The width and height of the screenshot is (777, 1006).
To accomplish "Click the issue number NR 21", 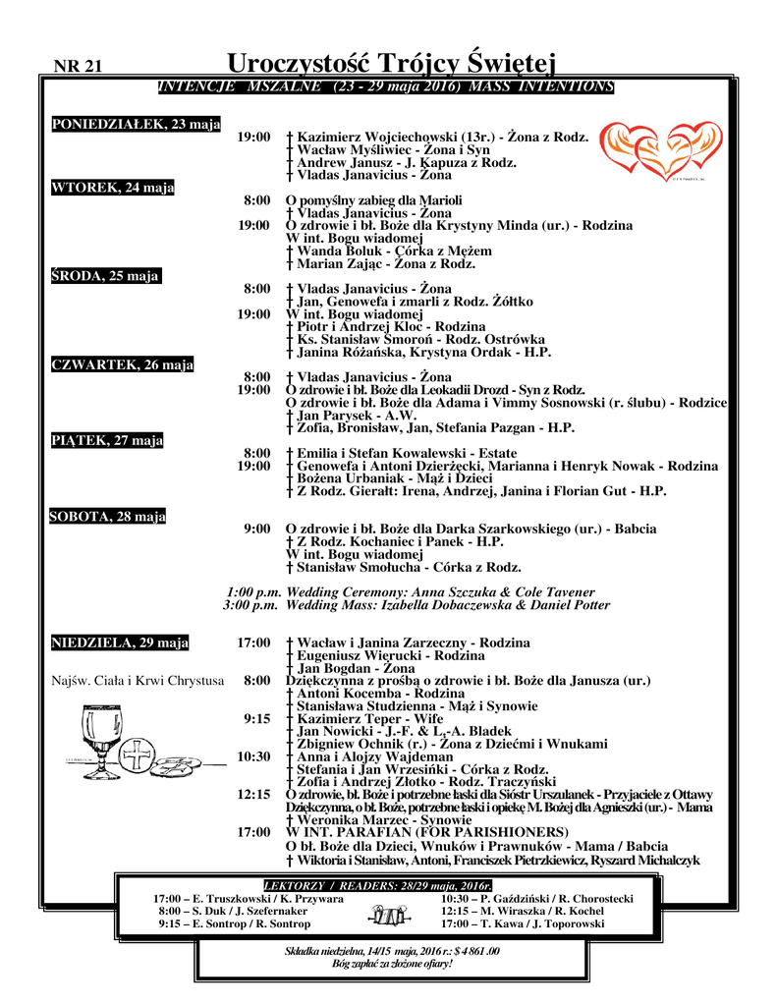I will pyautogui.click(x=79, y=67).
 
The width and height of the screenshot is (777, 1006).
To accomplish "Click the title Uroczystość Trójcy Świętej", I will pyautogui.click(x=391, y=64).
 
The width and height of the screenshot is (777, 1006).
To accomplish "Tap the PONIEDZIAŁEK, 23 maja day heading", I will pyautogui.click(x=136, y=124).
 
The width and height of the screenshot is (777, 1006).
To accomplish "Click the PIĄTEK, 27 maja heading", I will pyautogui.click(x=107, y=440).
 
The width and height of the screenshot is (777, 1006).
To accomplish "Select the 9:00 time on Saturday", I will pyautogui.click(x=256, y=530).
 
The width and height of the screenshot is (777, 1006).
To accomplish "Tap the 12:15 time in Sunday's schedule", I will pyautogui.click(x=253, y=794).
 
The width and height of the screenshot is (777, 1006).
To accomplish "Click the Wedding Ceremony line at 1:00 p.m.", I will pyautogui.click(x=411, y=592).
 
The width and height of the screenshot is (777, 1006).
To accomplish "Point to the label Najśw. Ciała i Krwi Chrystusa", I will pyautogui.click(x=137, y=680).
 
